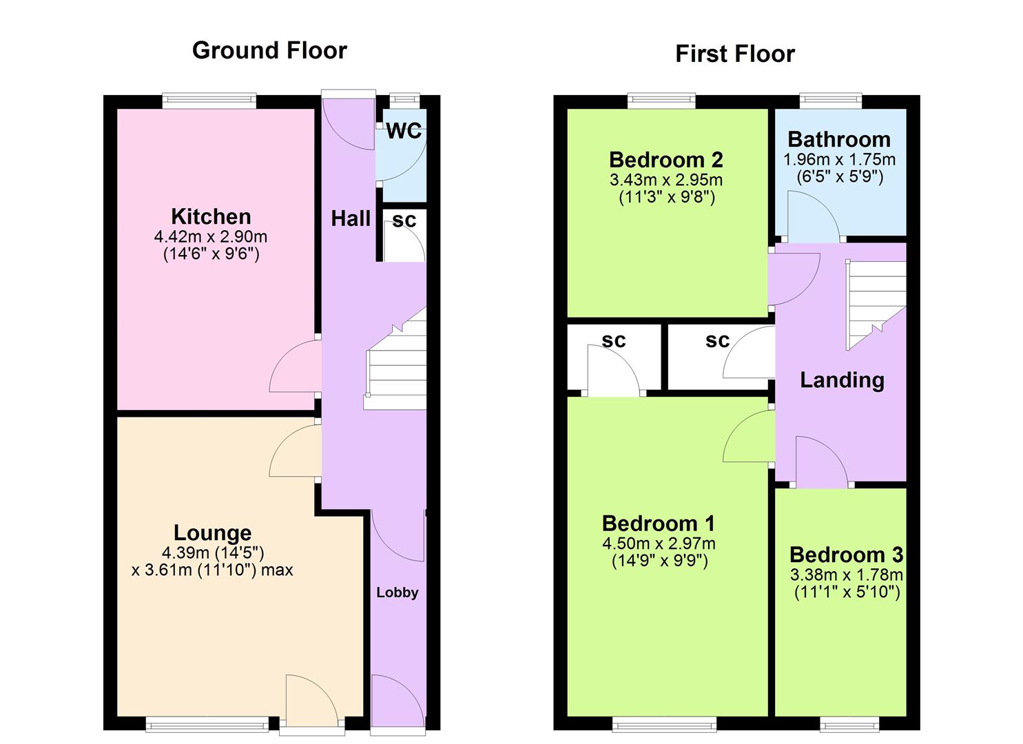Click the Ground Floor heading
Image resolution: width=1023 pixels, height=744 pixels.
click(x=269, y=50)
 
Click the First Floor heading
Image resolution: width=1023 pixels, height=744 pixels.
click(x=734, y=54)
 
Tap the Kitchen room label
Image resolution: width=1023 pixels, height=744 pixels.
click(x=211, y=216)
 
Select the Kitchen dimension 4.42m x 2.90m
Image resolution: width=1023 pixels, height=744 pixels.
click(x=211, y=237)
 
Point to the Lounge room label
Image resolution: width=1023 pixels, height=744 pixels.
click(x=212, y=533)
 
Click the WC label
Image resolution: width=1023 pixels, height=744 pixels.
click(x=403, y=131)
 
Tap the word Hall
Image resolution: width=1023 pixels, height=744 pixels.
click(x=351, y=219)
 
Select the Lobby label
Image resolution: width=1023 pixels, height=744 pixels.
click(x=397, y=592)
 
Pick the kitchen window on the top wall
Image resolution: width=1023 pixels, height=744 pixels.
click(x=209, y=101)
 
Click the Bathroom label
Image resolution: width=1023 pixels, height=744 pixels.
click(x=838, y=139)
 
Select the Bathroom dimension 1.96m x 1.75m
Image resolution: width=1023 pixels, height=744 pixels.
click(x=839, y=160)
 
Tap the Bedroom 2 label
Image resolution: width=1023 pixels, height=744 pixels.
click(x=665, y=160)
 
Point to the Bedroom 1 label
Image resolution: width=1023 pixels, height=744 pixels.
click(x=659, y=524)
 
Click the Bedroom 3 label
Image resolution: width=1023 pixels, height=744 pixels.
click(x=846, y=555)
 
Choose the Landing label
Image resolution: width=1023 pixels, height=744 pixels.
click(x=842, y=380)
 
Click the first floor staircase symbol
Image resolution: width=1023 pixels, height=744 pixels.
click(x=875, y=303)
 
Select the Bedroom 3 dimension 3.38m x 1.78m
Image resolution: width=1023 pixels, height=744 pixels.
click(x=846, y=575)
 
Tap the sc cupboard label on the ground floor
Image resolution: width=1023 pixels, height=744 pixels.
click(x=404, y=220)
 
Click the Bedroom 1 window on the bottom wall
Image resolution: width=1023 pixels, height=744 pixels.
click(x=664, y=723)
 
